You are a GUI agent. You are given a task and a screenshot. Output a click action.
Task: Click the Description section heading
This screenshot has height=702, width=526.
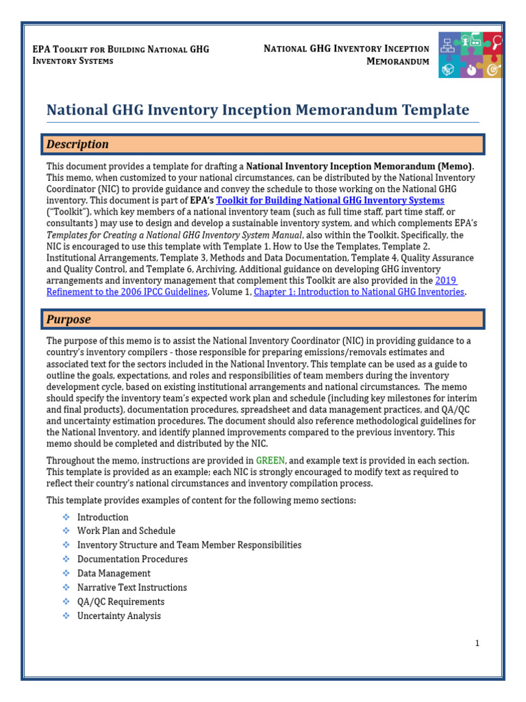(x=77, y=145)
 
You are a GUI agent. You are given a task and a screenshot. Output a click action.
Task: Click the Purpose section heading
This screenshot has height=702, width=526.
(x=68, y=319)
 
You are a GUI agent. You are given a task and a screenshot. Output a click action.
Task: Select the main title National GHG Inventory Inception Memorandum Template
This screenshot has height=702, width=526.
(x=258, y=110)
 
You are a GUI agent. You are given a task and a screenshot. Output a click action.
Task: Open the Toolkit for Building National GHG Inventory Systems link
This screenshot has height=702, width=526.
(x=330, y=200)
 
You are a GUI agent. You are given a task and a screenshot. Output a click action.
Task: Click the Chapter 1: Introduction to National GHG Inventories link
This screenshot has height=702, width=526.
(x=359, y=292)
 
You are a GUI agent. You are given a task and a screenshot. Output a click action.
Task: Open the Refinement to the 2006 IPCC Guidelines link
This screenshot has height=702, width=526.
(x=127, y=292)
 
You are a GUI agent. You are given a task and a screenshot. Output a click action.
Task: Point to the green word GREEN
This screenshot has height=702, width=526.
(x=271, y=460)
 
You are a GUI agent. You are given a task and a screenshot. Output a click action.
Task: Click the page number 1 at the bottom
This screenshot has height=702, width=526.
(x=477, y=643)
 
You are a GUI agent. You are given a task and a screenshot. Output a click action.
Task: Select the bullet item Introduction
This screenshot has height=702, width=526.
(x=103, y=517)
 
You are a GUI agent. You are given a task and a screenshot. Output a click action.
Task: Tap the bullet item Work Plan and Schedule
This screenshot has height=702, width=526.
(x=126, y=531)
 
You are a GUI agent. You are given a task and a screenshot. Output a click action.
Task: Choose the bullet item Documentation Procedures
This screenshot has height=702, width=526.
(x=132, y=559)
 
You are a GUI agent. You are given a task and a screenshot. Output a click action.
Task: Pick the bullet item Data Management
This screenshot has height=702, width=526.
(x=114, y=573)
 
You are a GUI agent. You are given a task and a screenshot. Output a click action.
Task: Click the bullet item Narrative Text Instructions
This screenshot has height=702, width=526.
(x=132, y=588)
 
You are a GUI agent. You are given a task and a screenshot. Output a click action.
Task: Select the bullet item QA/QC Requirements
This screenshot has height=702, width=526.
(x=121, y=601)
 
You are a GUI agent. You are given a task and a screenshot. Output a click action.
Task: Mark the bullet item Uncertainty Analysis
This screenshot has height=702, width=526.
(x=119, y=616)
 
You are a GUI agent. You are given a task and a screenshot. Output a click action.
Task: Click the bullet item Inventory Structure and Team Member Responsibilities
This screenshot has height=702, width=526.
(x=189, y=545)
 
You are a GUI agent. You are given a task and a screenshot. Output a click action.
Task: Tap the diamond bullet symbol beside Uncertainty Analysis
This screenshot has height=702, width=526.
(x=66, y=616)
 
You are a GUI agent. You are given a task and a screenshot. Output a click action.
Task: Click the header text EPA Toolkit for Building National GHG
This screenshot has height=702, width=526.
(x=121, y=49)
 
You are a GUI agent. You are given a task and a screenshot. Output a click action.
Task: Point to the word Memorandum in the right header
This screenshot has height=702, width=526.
(x=398, y=61)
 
